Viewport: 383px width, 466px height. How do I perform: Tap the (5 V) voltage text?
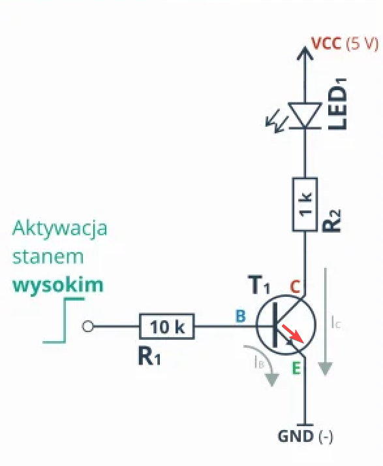[362, 44]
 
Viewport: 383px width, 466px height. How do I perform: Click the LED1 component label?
[337, 104]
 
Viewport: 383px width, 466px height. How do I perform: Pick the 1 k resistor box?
[305, 205]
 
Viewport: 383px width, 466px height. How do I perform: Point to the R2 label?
[332, 220]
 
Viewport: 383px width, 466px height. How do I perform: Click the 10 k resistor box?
[167, 326]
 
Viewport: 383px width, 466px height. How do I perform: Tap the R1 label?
[149, 356]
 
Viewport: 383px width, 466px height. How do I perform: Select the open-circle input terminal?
[87, 326]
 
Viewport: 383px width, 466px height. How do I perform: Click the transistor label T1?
[260, 285]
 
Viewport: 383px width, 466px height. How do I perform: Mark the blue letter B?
[241, 316]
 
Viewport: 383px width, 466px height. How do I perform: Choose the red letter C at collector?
[295, 287]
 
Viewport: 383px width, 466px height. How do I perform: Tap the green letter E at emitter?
[296, 368]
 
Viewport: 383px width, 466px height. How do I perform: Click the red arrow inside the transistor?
[293, 333]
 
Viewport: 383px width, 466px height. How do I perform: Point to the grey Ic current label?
[336, 322]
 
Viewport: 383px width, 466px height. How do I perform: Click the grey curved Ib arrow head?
[272, 380]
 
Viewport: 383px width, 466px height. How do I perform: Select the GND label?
[296, 437]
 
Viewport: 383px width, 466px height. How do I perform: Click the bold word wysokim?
[58, 285]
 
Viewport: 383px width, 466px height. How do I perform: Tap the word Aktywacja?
[59, 229]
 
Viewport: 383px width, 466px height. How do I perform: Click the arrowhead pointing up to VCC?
[305, 53]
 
